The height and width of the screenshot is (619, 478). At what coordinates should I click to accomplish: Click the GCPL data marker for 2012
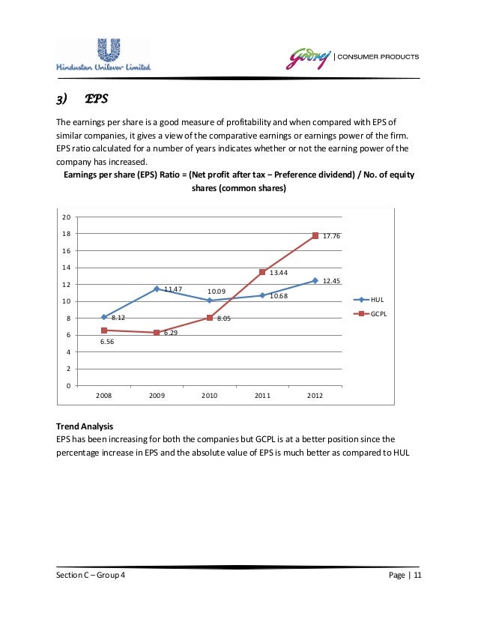click(x=315, y=236)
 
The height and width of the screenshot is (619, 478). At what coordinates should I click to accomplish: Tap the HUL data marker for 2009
click(x=157, y=289)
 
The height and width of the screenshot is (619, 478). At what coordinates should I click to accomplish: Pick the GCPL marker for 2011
click(x=262, y=272)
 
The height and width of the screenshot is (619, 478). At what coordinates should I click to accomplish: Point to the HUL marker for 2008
click(x=104, y=317)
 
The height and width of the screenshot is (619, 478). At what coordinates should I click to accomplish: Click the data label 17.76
click(x=332, y=236)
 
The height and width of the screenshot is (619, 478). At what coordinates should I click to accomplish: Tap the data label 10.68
click(x=278, y=296)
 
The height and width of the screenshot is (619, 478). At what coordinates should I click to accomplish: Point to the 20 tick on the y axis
click(x=66, y=217)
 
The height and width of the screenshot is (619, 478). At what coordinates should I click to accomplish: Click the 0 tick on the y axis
click(x=68, y=386)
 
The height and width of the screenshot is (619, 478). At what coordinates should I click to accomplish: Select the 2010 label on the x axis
click(x=210, y=395)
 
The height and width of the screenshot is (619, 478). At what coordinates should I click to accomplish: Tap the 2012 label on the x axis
click(x=315, y=395)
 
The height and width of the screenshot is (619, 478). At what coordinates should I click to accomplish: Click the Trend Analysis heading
click(x=85, y=426)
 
